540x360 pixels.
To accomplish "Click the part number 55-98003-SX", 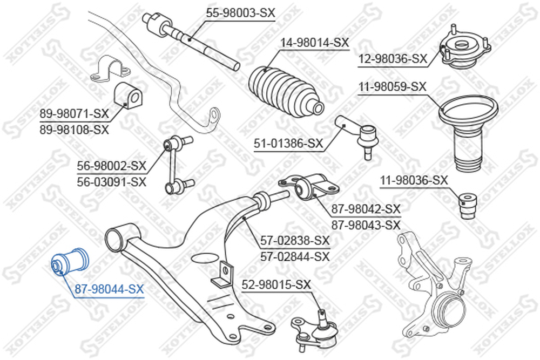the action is click(x=240, y=13).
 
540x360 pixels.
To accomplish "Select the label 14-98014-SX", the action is click(x=314, y=43).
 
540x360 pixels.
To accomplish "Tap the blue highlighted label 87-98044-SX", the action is click(x=109, y=289).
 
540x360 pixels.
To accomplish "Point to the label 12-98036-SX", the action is click(x=393, y=59).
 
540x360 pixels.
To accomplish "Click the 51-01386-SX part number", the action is click(x=288, y=143).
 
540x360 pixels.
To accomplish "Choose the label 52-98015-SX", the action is click(x=276, y=284).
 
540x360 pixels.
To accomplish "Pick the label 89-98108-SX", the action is click(x=74, y=130).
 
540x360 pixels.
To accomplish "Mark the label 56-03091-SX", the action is click(x=112, y=182).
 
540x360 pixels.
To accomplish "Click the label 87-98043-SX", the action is click(x=366, y=225).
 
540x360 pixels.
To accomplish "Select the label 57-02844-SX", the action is click(x=295, y=256).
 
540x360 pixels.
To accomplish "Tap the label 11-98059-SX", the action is click(x=393, y=86).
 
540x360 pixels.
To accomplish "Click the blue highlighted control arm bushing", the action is click(x=70, y=263).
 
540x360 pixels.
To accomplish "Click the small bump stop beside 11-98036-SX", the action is click(x=468, y=205).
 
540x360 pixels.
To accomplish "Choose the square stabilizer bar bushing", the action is click(x=128, y=96).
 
